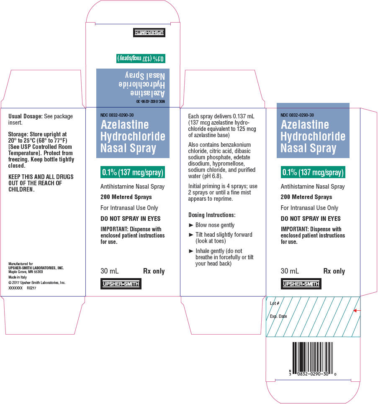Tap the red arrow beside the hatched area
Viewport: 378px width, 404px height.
point(357,311)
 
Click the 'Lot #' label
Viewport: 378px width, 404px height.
point(274,303)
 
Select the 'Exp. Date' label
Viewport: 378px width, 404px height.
point(278,316)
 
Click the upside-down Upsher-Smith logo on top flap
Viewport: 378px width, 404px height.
point(149,33)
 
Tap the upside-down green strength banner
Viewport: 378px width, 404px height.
point(141,59)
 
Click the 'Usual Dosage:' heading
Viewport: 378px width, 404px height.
point(25,116)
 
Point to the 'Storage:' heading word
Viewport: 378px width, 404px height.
point(18,134)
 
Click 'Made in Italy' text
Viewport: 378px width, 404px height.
point(18,277)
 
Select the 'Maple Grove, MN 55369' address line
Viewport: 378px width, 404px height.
point(26,272)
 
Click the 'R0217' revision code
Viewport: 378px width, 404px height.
point(31,288)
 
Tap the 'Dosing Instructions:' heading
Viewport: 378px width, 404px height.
point(212,215)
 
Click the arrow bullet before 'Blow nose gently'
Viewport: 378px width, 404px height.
point(191,225)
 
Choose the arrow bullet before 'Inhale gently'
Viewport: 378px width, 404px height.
point(191,251)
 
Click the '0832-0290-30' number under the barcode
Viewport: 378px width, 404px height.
point(313,374)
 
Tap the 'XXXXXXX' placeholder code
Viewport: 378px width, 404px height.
point(15,288)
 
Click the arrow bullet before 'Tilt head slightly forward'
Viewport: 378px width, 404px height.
point(191,235)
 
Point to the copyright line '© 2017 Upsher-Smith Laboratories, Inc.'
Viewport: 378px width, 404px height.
point(37,283)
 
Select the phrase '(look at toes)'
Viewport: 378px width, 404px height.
point(211,241)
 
